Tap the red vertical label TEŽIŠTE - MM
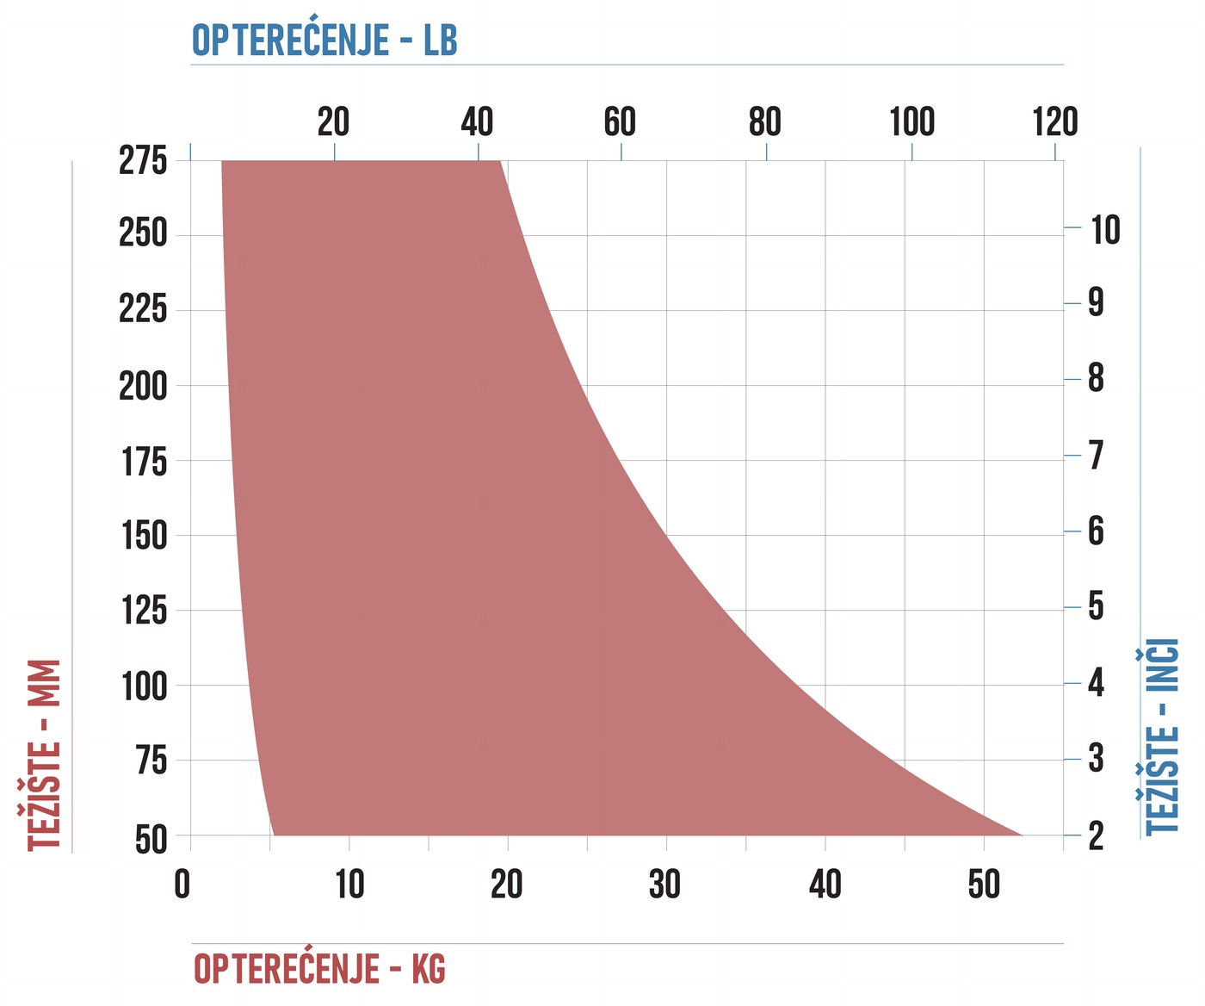coord(44,754)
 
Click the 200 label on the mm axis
coord(143,386)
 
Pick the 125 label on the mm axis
coord(145,611)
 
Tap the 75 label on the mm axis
coord(151,760)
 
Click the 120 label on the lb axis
coord(1055,121)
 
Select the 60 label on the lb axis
coord(620,121)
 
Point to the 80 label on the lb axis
coord(764,121)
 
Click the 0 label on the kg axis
coord(182,885)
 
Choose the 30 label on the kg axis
coord(664,885)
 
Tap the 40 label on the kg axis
coord(825,885)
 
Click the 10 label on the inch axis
coord(1105,230)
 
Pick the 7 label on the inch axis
coord(1096,455)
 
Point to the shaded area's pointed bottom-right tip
coord(1022,835)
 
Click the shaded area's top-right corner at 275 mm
coord(500,161)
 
